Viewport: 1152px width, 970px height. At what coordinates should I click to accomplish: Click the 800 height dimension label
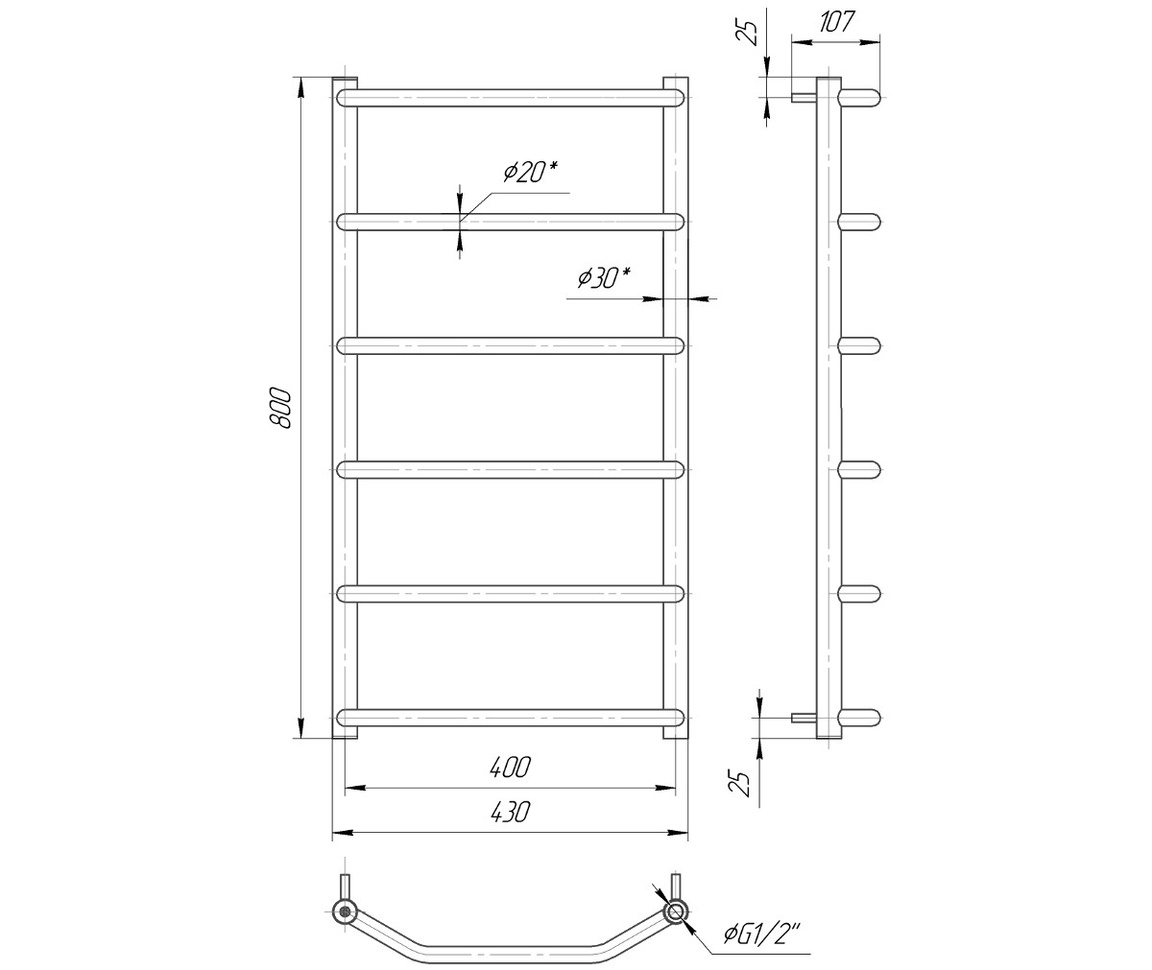(279, 408)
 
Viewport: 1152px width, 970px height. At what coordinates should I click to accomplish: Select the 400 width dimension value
(511, 767)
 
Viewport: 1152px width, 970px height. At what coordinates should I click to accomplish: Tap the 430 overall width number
(511, 812)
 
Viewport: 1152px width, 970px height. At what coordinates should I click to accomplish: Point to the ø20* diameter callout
(531, 173)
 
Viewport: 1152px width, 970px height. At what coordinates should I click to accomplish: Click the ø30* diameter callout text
(604, 278)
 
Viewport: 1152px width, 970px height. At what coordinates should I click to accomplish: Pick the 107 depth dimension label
(836, 22)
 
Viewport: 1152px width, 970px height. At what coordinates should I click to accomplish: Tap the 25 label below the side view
(740, 783)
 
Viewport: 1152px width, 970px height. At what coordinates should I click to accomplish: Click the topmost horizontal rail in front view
(511, 98)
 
